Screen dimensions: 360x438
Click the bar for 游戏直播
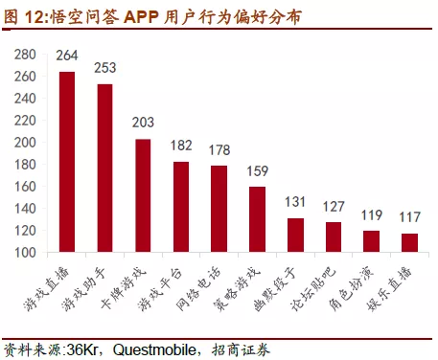point(67,162)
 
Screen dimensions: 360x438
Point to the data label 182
point(181,146)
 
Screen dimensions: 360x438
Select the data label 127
point(333,206)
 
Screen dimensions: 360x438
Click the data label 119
point(371,214)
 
